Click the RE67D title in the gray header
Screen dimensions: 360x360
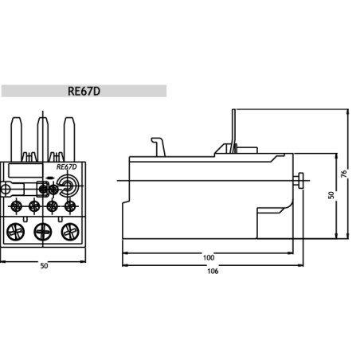84,91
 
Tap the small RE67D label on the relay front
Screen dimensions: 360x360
67,167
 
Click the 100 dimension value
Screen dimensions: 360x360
209,257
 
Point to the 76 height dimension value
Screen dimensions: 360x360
343,174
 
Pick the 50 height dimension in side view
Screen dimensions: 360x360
331,194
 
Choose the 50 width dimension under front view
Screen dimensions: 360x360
44,266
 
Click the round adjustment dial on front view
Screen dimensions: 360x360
66,188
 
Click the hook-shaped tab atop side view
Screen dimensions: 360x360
158,145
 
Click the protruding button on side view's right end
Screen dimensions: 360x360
302,181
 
